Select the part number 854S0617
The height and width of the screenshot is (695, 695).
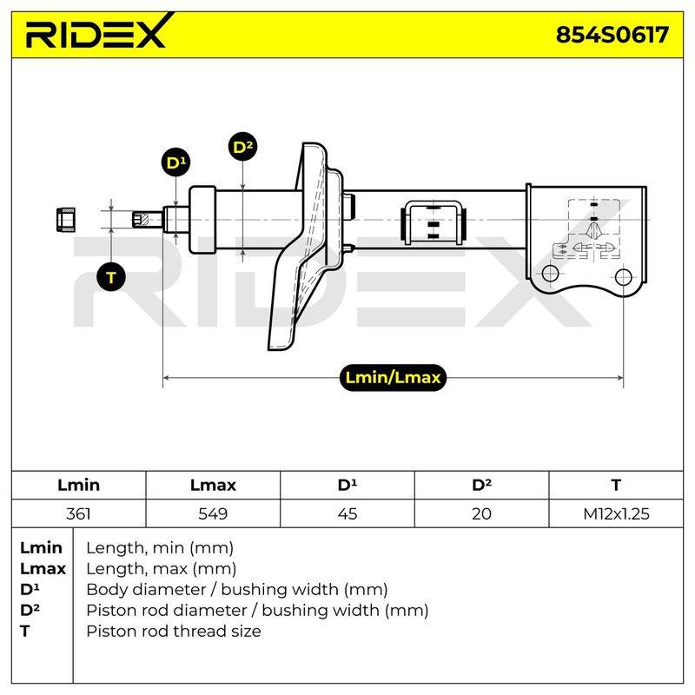click(x=612, y=35)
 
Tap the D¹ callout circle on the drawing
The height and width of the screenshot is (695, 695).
click(x=176, y=162)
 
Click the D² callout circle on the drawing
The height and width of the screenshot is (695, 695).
click(x=243, y=147)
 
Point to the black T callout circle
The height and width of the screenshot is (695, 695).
click(x=111, y=277)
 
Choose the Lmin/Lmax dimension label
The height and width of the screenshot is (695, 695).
click(x=393, y=378)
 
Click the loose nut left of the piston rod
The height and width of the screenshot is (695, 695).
click(x=67, y=220)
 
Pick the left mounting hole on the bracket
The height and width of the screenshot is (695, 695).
click(x=550, y=273)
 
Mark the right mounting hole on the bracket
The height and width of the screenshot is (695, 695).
click(x=623, y=277)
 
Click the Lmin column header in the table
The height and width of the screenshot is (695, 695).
click(x=78, y=485)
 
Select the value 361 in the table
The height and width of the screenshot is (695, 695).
click(x=78, y=513)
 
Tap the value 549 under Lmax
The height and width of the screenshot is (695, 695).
click(x=213, y=513)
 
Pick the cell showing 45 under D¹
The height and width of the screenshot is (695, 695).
click(x=347, y=513)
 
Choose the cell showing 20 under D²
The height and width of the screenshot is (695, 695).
click(x=481, y=513)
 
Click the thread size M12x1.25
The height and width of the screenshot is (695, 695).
click(x=616, y=513)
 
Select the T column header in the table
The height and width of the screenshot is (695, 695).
click(x=616, y=485)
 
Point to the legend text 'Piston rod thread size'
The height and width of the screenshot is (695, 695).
click(x=174, y=632)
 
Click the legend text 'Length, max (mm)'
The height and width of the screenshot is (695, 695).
click(x=162, y=569)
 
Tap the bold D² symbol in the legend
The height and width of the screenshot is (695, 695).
click(x=30, y=610)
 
